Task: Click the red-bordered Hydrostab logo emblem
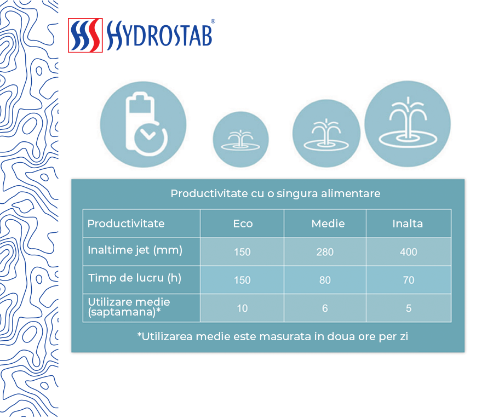[85, 35]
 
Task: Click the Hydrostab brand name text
[159, 35]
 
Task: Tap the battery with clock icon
[144, 124]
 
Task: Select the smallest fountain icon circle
[241, 139]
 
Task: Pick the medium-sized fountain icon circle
[326, 133]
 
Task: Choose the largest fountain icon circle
[408, 124]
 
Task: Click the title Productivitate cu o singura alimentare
[276, 193]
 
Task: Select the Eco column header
[243, 224]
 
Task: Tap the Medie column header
[328, 224]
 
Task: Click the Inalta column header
[408, 224]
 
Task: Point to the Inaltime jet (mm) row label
[135, 250]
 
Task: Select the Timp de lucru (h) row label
[135, 278]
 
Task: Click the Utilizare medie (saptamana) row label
[129, 307]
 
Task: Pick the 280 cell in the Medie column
[325, 252]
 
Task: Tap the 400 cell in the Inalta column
[409, 252]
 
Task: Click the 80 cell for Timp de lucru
[325, 280]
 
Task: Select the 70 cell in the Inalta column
[409, 280]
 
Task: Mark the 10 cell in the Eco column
[242, 308]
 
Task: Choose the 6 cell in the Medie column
[325, 308]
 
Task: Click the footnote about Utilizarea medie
[273, 336]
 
